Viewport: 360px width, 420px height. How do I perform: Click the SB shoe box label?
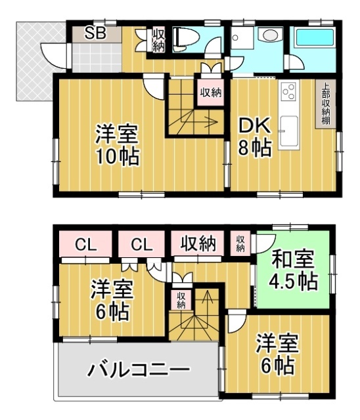[95, 33]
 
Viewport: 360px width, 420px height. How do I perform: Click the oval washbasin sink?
[271, 35]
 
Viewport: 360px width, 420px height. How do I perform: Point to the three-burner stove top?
[289, 91]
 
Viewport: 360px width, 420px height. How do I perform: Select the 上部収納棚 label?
[326, 104]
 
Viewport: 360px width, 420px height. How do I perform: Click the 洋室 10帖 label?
[118, 144]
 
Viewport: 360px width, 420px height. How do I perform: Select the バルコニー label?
[139, 370]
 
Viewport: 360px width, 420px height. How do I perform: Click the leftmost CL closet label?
[85, 245]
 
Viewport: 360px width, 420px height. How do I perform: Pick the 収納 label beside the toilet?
[159, 41]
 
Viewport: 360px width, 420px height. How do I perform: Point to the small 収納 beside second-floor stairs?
[181, 300]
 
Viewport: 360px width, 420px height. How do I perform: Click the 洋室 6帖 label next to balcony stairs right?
[277, 354]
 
